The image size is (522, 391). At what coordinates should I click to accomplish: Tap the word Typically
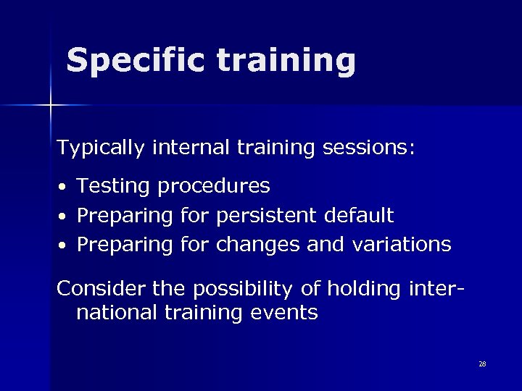point(102,148)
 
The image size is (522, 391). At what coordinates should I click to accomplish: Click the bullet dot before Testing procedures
point(63,188)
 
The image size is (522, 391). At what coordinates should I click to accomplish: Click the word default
point(360,215)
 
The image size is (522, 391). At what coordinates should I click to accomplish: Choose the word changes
point(257,245)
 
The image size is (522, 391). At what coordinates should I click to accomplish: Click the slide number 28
point(482,363)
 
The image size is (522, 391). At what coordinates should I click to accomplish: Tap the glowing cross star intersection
point(50,106)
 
